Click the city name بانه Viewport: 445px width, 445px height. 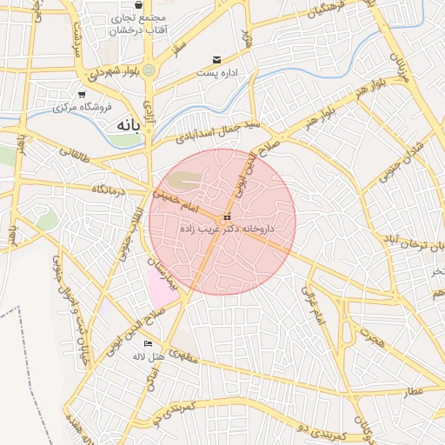(126, 125)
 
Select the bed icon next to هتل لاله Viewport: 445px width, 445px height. (146, 344)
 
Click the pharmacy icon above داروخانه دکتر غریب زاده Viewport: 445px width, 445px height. (227, 216)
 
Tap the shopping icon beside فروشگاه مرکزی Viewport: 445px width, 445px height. (82, 94)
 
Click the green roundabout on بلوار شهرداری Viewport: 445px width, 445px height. (149, 70)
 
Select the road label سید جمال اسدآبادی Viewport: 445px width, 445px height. (217, 131)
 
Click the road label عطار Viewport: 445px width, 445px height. (413, 391)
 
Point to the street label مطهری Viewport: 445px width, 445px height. (184, 355)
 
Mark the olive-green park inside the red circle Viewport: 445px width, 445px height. (183, 181)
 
